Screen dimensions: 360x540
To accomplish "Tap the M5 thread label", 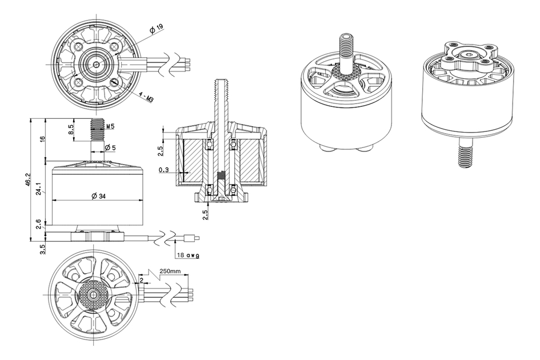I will click(110, 126).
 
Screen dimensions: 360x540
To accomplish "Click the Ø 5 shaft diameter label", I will click(110, 148).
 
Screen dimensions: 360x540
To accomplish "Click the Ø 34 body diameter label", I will click(98, 196).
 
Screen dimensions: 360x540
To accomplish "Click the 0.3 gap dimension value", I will click(164, 170).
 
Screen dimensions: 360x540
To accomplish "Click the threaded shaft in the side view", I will click(97, 130).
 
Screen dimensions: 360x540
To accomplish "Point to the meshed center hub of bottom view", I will click(91, 297).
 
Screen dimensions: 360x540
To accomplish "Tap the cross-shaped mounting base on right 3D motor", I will click(466, 56).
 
